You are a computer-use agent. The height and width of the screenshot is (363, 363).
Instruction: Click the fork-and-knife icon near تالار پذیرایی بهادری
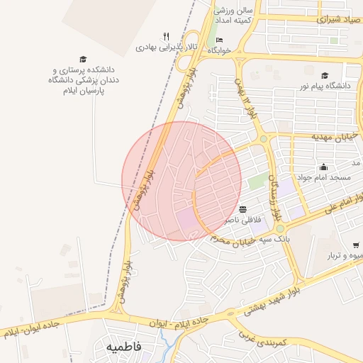(166, 36)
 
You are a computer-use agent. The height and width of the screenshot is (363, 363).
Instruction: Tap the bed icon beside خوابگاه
(219, 40)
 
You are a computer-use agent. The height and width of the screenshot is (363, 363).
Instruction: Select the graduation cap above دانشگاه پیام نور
(325, 76)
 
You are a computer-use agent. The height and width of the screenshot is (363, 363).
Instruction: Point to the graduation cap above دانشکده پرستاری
(83, 59)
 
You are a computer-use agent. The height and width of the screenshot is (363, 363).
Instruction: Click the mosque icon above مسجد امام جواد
(323, 167)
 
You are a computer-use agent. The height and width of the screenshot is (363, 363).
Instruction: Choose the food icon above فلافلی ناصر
(243, 210)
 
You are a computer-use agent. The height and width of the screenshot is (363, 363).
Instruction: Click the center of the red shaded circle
(181, 181)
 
